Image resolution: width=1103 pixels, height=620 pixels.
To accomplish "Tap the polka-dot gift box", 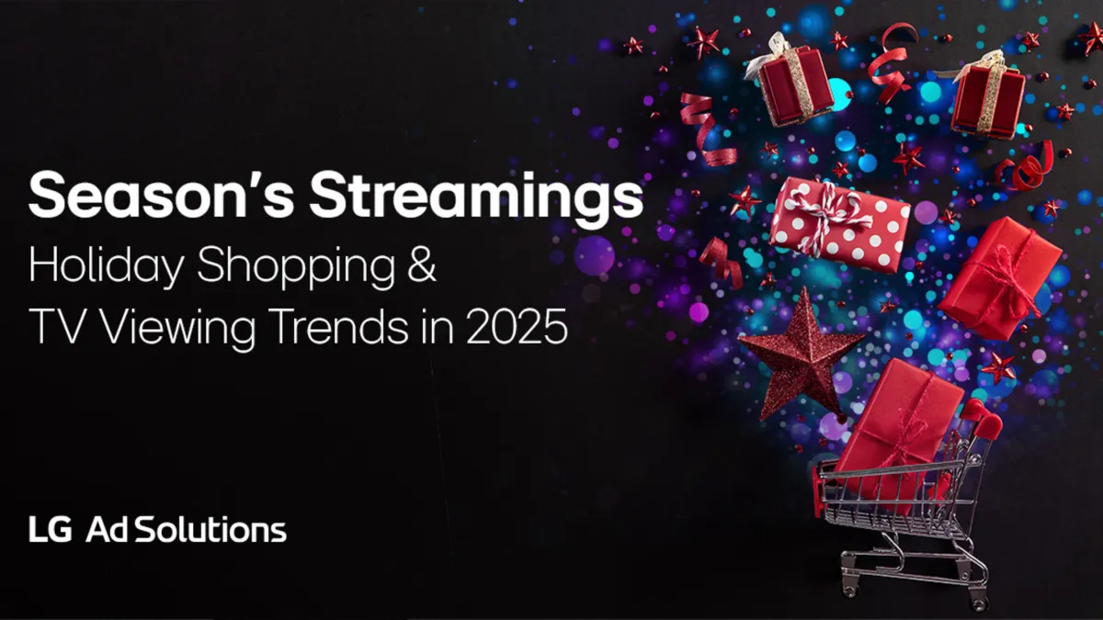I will point(839,224).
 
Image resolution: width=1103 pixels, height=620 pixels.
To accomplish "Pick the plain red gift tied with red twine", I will point(997,276).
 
